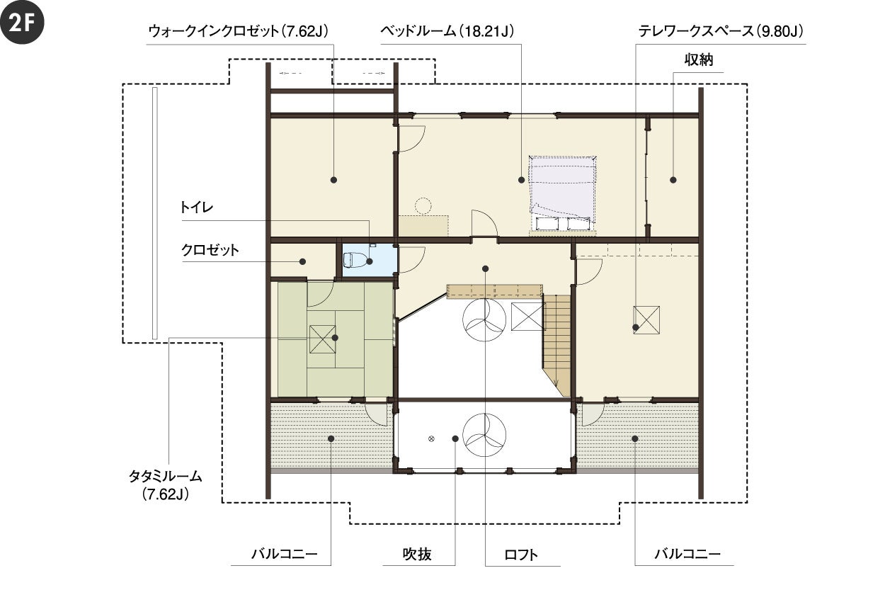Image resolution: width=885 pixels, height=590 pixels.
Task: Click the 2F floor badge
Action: [x=22, y=22]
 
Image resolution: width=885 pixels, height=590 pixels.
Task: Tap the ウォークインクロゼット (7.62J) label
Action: [x=238, y=31]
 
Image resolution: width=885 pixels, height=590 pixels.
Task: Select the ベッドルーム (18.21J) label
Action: [x=447, y=31]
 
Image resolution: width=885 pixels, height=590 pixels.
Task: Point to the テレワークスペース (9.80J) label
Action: [x=721, y=31]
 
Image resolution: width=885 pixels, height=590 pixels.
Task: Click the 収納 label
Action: [x=699, y=60]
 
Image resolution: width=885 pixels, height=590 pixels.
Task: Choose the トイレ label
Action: [x=196, y=208]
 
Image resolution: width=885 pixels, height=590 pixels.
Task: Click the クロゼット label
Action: [x=210, y=250]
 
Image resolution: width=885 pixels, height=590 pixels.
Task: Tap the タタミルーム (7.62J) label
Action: [x=166, y=485]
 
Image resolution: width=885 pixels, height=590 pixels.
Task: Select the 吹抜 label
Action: [x=417, y=555]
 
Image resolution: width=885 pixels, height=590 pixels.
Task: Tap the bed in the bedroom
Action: [x=562, y=193]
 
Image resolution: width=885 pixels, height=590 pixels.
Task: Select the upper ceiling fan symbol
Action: [x=484, y=319]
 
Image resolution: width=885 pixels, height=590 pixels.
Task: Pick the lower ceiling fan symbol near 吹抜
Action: [x=484, y=435]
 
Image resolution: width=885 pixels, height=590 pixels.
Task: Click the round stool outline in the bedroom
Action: [x=423, y=206]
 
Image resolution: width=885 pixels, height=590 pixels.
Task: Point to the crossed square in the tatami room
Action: [x=322, y=339]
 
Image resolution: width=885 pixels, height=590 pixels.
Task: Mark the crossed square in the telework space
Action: [x=646, y=320]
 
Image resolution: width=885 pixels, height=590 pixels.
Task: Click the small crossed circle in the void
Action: [x=431, y=438]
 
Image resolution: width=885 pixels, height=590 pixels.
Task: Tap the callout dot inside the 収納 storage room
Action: [x=673, y=180]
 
